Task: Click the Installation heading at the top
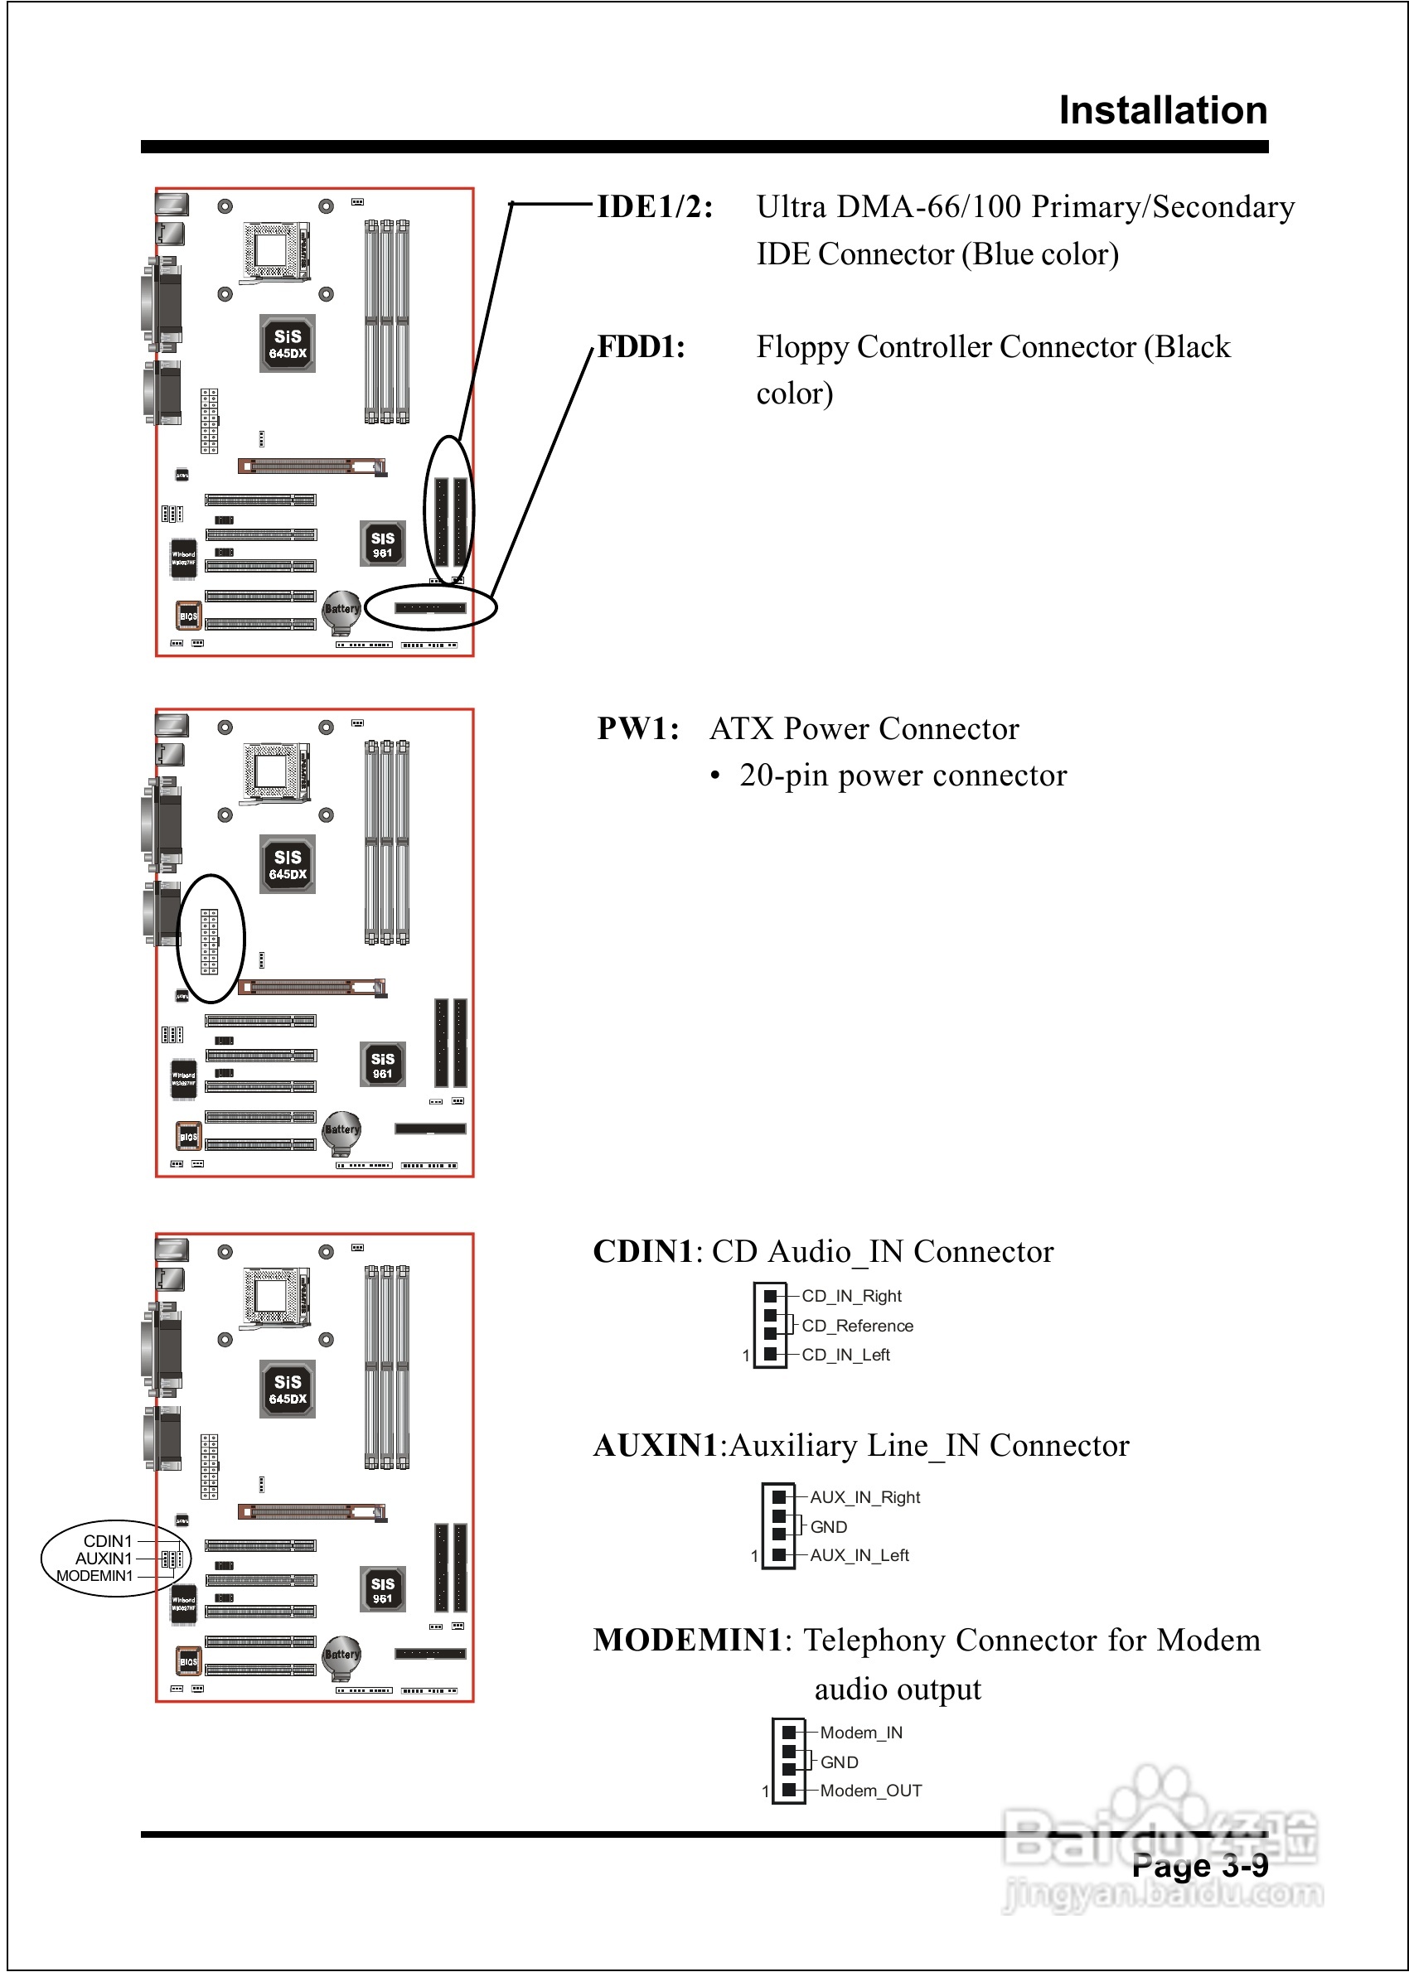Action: (x=1163, y=111)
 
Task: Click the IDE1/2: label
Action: (x=655, y=207)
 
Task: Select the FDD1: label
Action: (x=642, y=347)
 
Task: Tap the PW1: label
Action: (x=637, y=728)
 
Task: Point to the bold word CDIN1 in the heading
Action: (x=643, y=1251)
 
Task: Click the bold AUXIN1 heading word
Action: (x=656, y=1446)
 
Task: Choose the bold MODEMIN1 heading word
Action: (x=688, y=1640)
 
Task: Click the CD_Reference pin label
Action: (x=857, y=1325)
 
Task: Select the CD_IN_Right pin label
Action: (x=851, y=1296)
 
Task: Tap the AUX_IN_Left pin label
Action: (x=859, y=1555)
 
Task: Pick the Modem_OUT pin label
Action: (x=870, y=1790)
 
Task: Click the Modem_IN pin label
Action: (x=860, y=1732)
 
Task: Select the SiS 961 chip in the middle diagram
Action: (x=383, y=1065)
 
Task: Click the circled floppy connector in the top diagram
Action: (x=430, y=608)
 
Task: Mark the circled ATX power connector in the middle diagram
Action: (x=210, y=940)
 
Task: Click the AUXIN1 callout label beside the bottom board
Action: (x=104, y=1559)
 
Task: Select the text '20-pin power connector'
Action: (x=903, y=776)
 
